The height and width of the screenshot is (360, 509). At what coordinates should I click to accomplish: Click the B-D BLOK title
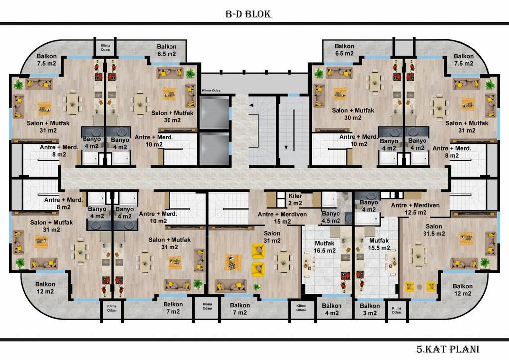click(248, 14)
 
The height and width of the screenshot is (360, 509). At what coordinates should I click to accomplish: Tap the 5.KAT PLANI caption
click(448, 349)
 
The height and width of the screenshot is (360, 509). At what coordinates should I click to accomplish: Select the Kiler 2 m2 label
click(295, 199)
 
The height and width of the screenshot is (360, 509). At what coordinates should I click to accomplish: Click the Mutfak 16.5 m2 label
click(325, 247)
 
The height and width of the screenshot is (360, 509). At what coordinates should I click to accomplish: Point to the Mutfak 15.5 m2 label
click(379, 244)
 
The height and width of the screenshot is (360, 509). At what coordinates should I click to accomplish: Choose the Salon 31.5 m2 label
click(434, 230)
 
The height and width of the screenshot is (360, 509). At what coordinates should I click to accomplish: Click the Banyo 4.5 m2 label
click(331, 217)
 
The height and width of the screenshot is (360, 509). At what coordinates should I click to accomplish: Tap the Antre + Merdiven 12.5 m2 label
click(415, 209)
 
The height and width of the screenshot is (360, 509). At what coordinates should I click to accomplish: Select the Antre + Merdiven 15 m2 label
click(282, 218)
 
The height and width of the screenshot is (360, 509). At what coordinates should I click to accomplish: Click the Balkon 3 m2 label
click(370, 309)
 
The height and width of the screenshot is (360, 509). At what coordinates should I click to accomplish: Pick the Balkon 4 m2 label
click(332, 309)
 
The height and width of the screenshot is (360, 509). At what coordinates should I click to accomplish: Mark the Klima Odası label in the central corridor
click(212, 90)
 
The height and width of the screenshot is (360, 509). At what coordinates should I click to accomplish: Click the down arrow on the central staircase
click(286, 148)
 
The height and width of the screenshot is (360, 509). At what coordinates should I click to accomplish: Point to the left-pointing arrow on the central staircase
click(251, 105)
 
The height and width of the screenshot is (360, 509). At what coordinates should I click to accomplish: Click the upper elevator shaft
click(214, 113)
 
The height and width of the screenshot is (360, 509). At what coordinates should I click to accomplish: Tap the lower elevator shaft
click(214, 149)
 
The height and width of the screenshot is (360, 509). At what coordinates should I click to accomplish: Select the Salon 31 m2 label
click(272, 237)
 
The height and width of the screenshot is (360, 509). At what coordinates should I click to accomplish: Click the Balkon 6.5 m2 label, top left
click(167, 50)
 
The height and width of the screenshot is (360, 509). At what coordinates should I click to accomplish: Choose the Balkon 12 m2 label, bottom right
click(463, 290)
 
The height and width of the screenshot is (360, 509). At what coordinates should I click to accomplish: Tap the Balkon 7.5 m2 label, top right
click(464, 60)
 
